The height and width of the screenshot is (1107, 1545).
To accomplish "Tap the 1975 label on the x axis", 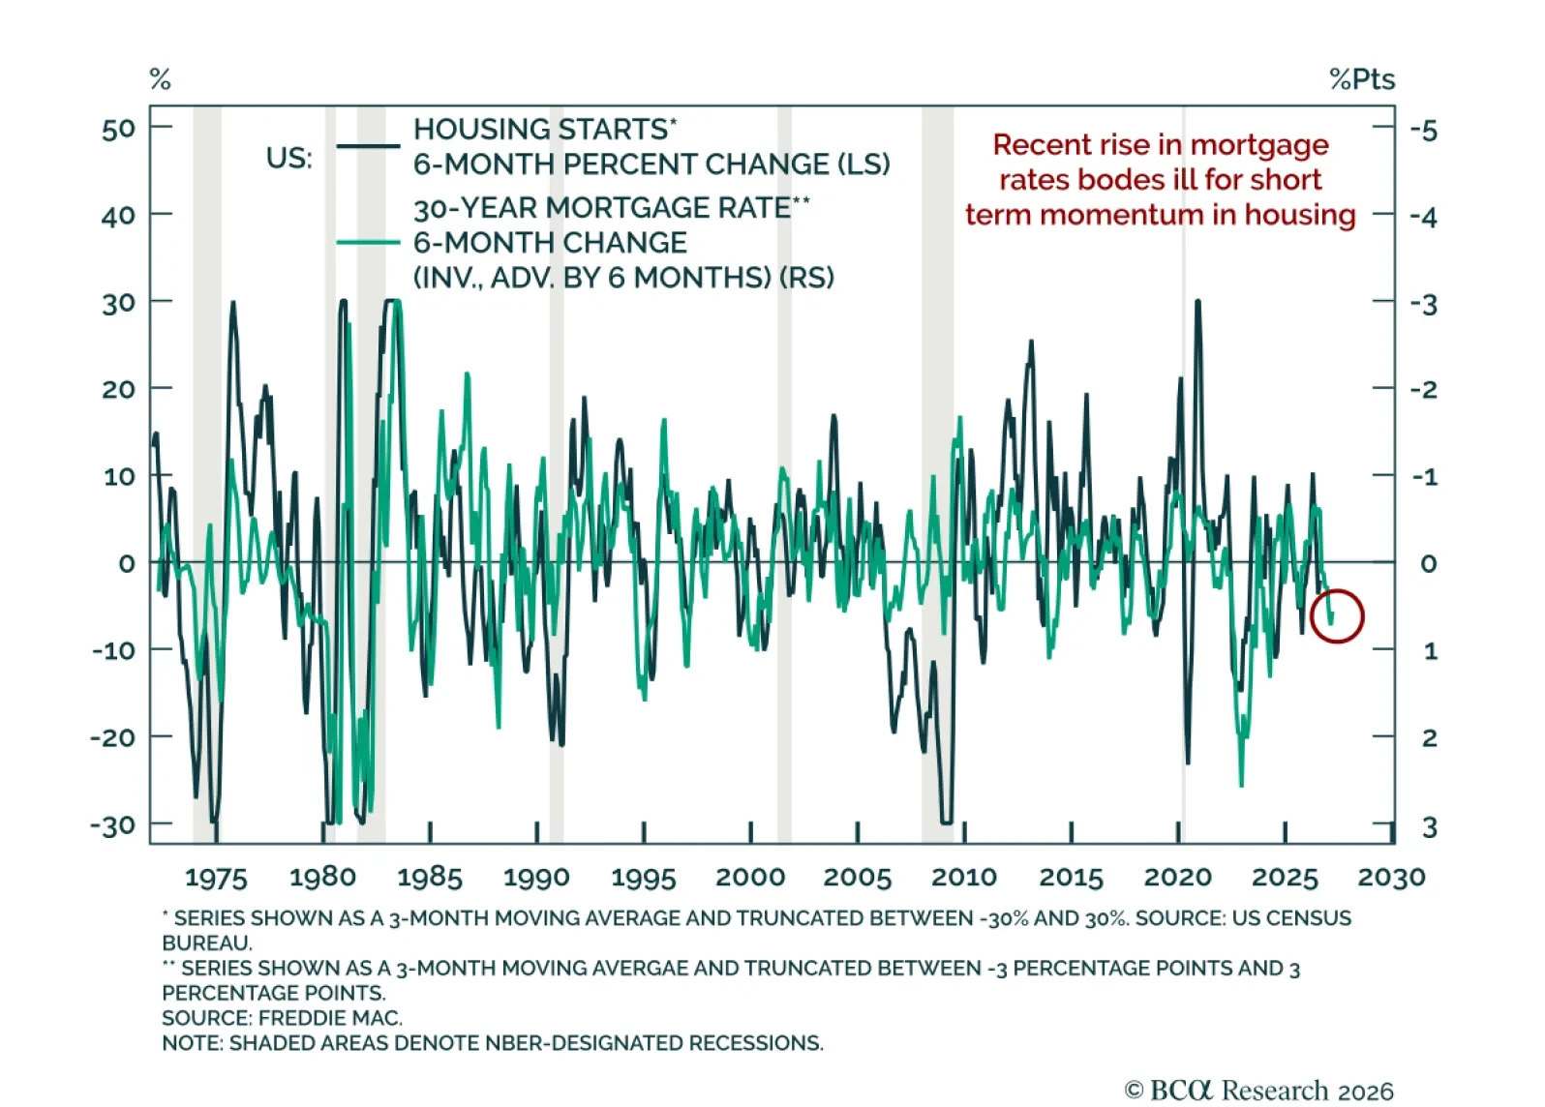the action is coord(215,879).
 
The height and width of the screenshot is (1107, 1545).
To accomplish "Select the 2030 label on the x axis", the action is coord(1391,878).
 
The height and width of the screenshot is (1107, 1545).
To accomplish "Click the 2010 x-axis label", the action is coord(963,878).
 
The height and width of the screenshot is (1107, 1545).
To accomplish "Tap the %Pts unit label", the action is coord(1362,80).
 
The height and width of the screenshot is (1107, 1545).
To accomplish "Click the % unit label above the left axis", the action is coord(160,79).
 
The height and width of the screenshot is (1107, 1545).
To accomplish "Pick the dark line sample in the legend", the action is coord(368,146).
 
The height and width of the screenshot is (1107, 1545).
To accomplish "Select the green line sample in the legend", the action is coord(368,242).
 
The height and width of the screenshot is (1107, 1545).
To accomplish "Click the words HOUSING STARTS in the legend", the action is coord(540,130).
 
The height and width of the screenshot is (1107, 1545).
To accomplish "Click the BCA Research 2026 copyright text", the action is coord(1258,1091).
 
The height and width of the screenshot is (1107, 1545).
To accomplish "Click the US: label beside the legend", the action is coord(289,159).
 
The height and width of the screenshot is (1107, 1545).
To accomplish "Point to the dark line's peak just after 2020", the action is coord(1198,301).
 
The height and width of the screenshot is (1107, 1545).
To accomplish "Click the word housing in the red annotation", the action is coord(1300,215).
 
